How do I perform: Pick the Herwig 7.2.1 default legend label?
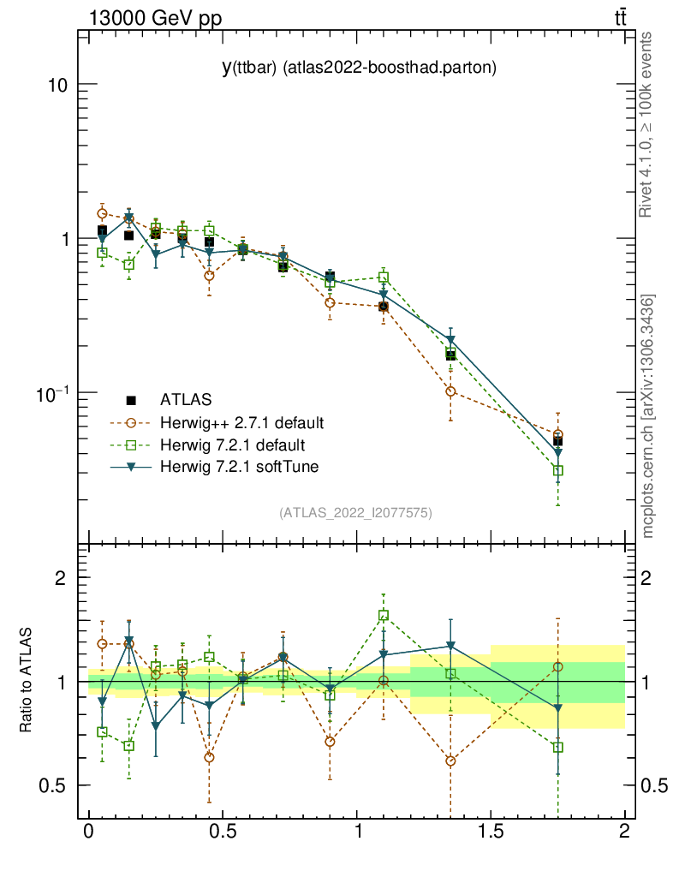pos(232,444)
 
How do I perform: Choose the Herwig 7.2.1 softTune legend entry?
pos(236,467)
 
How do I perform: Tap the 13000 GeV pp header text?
pos(155,18)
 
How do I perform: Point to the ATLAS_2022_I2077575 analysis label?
pos(355,513)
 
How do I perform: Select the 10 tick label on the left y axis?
pos(57,86)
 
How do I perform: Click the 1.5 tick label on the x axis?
pos(490,832)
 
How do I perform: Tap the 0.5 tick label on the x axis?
pos(222,832)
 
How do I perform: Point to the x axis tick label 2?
pos(624,832)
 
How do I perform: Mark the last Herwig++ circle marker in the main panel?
pos(557,435)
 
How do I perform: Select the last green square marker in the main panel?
pos(557,470)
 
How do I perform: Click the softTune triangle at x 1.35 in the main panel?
pos(450,340)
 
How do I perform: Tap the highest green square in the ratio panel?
pos(384,615)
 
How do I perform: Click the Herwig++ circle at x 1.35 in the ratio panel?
pos(450,761)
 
